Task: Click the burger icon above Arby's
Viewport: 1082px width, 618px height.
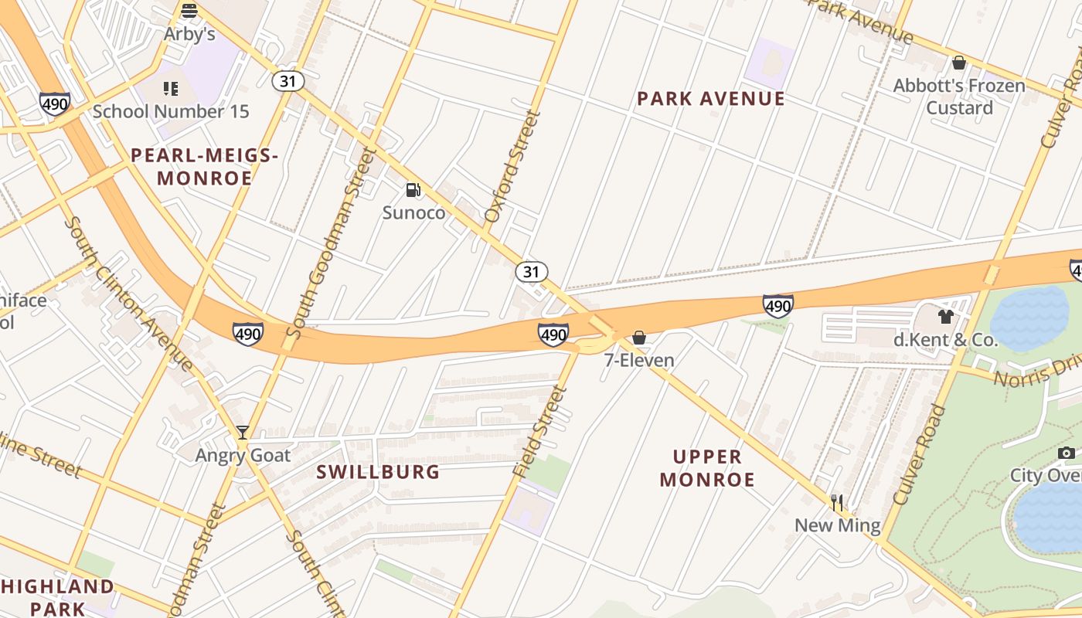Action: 189,11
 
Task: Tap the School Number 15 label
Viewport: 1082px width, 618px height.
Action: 171,111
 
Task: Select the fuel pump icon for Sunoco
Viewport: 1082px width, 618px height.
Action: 413,190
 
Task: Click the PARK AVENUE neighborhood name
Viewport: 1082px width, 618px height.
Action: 710,99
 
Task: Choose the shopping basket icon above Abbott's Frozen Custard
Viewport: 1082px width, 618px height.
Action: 959,63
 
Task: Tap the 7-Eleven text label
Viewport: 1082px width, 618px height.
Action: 639,360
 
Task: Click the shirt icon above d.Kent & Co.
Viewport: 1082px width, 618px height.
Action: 945,316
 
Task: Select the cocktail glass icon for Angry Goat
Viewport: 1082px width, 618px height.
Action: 243,433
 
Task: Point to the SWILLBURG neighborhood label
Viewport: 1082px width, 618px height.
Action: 378,471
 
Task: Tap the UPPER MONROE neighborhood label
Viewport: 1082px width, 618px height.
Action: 707,468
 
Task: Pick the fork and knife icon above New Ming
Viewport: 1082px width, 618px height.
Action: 837,504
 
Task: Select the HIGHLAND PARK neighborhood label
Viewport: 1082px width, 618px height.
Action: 57,597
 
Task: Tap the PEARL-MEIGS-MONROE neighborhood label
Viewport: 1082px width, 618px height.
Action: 205,167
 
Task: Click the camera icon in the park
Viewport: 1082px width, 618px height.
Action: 1067,453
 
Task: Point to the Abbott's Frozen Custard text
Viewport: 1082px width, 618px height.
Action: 959,97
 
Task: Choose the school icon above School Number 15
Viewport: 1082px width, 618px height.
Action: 171,89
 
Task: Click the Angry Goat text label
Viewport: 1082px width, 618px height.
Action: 243,455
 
